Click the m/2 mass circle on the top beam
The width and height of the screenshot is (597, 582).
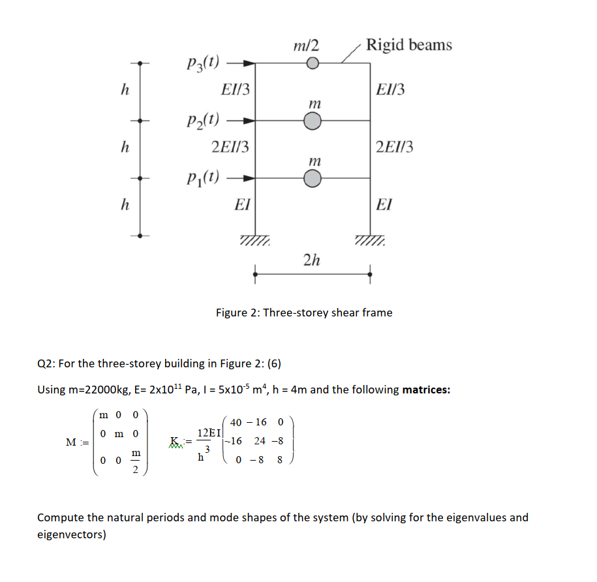313,63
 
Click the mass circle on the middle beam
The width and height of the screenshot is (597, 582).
313,121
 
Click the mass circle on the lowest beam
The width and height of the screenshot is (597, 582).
313,177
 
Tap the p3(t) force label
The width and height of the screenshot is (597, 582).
202,64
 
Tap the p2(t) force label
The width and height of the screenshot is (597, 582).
202,121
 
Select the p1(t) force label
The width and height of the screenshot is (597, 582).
202,177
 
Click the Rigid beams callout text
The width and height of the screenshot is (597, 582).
408,45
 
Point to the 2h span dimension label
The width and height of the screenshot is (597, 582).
312,260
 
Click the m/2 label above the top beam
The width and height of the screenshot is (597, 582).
306,45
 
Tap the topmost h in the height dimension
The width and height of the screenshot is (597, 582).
124,91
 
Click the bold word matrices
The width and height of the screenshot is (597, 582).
426,390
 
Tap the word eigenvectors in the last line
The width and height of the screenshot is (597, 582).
72,535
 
